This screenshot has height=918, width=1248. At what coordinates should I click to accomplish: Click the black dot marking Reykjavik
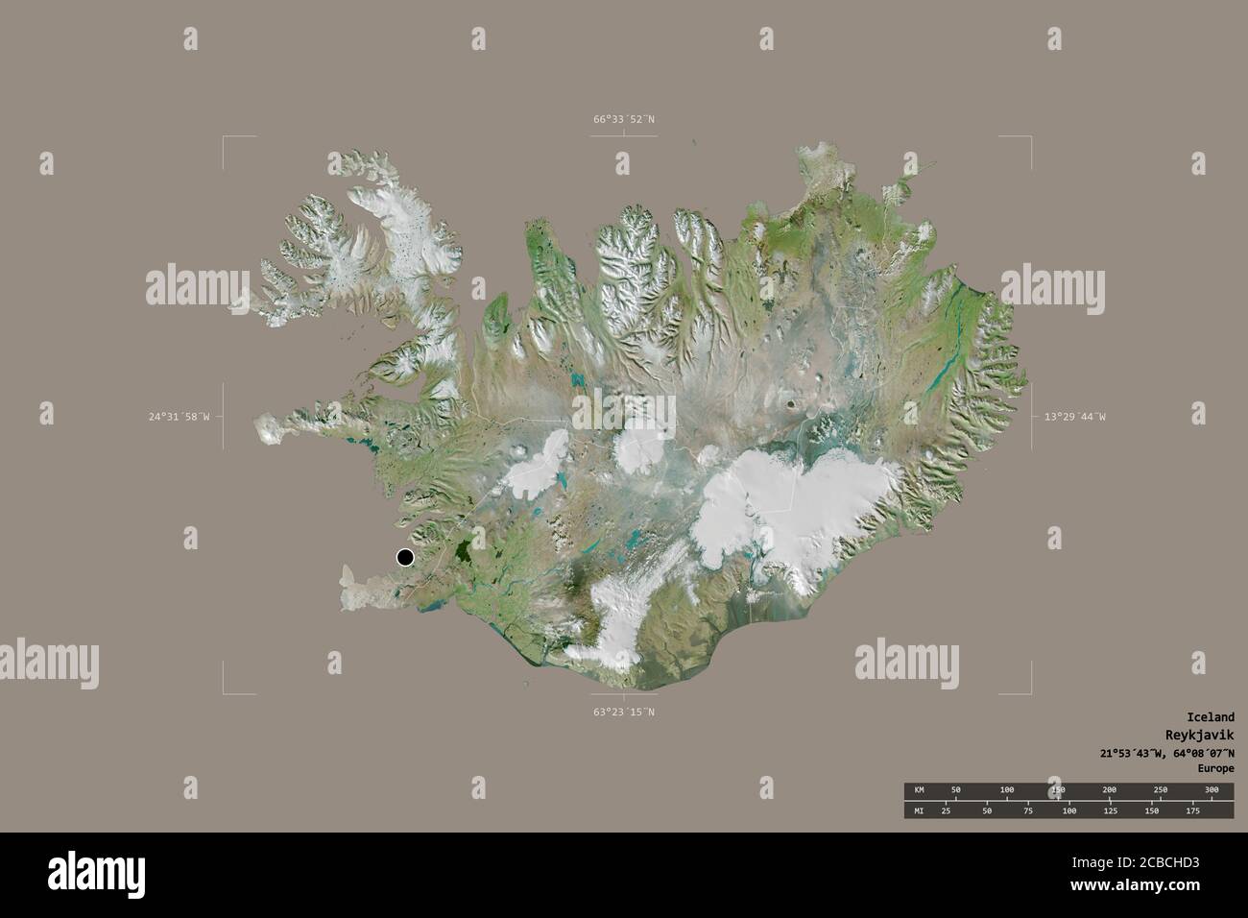[x=405, y=557]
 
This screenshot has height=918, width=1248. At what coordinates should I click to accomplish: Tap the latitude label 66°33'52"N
[x=623, y=119]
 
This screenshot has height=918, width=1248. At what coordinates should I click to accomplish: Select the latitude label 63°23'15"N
[x=623, y=713]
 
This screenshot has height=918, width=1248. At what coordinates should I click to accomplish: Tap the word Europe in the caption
[x=1215, y=769]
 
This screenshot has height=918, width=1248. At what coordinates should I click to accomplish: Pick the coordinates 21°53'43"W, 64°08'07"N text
[x=1167, y=752]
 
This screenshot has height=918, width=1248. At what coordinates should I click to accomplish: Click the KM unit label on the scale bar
[x=919, y=789]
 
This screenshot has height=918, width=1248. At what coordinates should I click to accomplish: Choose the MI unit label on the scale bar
[x=919, y=811]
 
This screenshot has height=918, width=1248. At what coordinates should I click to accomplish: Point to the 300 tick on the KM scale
[x=1212, y=789]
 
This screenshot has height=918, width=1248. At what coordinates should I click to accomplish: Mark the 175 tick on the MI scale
[x=1193, y=811]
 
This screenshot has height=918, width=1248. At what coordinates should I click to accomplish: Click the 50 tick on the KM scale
[x=955, y=789]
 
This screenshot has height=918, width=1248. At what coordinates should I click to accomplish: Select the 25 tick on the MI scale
[x=946, y=811]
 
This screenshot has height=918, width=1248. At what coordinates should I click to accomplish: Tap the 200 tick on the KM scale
[x=1109, y=789]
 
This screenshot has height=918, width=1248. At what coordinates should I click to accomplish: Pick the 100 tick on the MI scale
[x=1068, y=811]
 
